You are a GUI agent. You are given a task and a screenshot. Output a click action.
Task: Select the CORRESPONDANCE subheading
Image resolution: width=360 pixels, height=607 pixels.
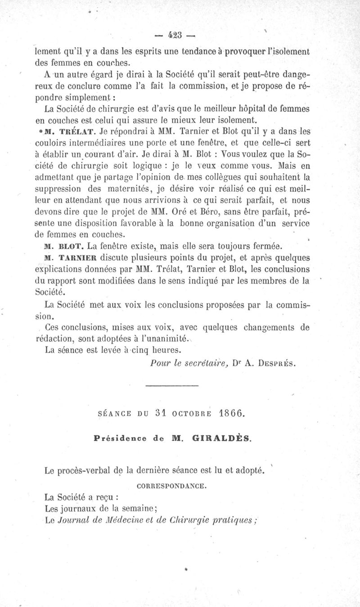click(x=171, y=485)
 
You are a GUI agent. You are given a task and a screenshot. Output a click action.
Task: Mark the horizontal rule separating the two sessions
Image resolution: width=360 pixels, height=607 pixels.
click(x=172, y=385)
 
